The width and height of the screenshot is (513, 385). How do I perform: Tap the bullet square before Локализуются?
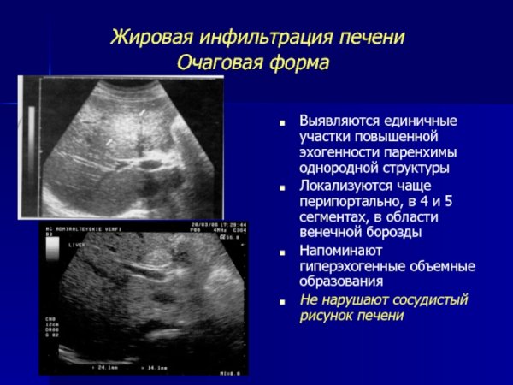pos(282,187)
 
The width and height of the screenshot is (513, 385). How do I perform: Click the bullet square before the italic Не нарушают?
pos(282,300)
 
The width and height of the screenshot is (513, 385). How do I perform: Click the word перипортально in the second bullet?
pos(347,201)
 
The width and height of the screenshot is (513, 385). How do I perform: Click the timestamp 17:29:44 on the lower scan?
pos(231,224)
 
